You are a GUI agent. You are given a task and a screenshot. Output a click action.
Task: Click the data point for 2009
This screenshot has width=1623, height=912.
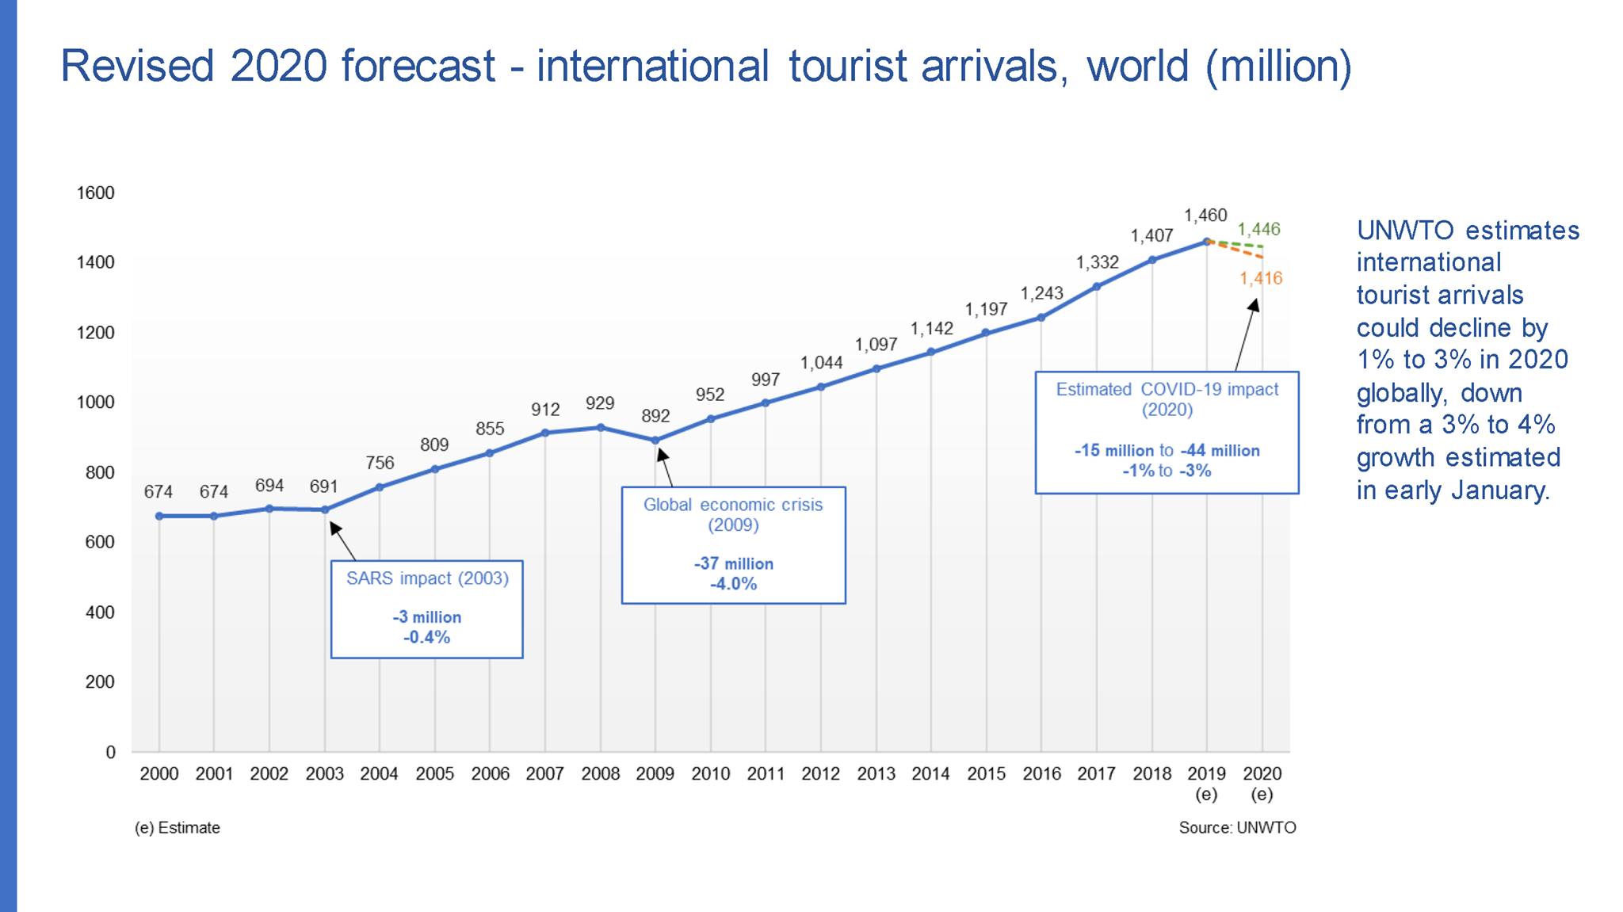tap(655, 441)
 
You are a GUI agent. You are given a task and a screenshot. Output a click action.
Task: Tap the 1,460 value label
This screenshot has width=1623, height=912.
tap(1205, 216)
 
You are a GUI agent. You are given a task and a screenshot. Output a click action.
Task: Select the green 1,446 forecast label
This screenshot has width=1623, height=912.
tap(1258, 230)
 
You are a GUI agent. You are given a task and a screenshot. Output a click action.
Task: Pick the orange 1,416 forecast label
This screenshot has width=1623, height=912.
tap(1261, 278)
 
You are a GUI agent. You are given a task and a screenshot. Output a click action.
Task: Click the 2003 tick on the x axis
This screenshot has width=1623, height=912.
tap(324, 774)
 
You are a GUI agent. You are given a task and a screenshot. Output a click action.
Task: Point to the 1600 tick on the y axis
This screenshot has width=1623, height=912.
tap(96, 193)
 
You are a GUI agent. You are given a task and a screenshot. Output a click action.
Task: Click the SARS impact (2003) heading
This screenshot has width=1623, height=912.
tap(427, 578)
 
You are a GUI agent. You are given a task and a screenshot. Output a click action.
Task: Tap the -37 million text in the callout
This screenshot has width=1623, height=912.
tap(733, 564)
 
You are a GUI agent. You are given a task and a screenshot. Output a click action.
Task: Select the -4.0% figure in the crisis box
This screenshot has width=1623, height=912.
tap(733, 585)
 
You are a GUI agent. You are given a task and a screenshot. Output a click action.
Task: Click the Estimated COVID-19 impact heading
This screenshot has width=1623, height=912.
tap(1167, 390)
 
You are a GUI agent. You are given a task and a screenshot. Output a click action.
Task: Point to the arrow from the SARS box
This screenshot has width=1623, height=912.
tap(342, 541)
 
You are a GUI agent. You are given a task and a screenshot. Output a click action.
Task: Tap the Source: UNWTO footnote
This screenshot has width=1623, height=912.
tap(1237, 828)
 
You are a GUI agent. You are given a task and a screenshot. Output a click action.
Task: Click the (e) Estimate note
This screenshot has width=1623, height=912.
tap(178, 828)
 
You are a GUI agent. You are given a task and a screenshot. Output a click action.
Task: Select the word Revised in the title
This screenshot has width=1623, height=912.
tap(137, 66)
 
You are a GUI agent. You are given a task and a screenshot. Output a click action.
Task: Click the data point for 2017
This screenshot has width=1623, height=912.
tap(1097, 287)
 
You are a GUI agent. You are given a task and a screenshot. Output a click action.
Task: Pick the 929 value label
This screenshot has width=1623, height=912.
tap(600, 403)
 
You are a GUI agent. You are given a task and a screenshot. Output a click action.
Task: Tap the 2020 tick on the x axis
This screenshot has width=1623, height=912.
tap(1262, 774)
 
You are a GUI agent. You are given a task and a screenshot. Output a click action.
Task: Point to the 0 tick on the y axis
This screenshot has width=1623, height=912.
tap(111, 753)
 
